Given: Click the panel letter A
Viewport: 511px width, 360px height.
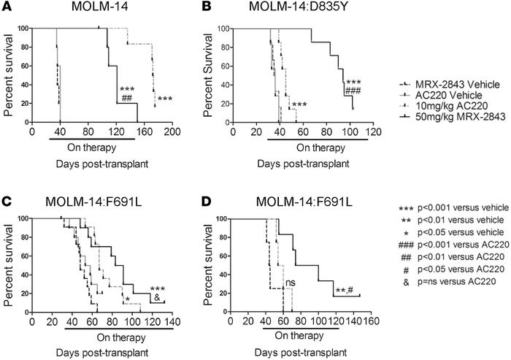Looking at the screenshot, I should point(6,7).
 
